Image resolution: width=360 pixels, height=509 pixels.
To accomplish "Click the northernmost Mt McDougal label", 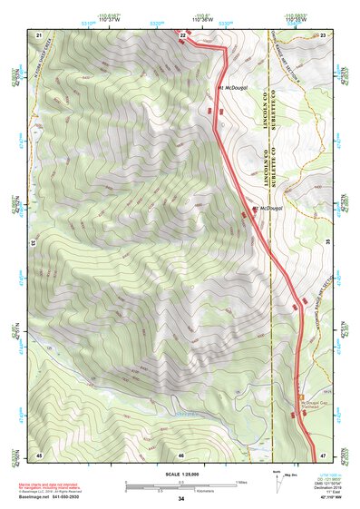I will point(236,88).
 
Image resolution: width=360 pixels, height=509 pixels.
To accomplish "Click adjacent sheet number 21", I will point(39,34).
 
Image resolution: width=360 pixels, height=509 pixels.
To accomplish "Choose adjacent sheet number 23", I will point(324,34).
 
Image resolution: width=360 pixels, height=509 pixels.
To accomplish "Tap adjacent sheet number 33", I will point(34,243).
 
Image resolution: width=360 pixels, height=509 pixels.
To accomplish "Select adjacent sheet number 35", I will point(328,243).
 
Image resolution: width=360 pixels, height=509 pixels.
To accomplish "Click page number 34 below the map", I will point(181,498).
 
